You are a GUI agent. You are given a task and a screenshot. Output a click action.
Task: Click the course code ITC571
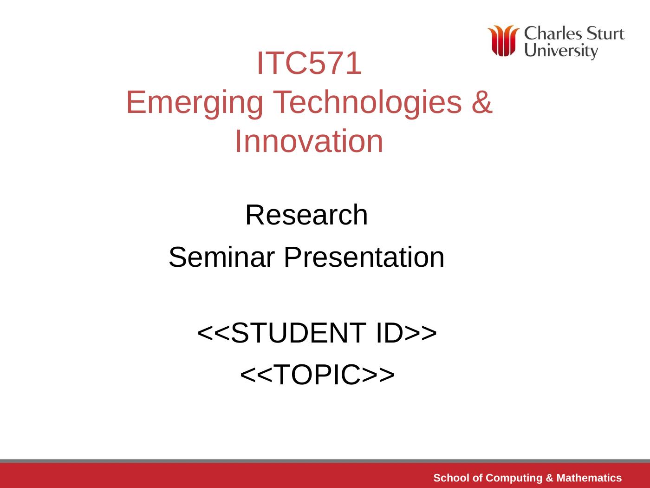pos(309,63)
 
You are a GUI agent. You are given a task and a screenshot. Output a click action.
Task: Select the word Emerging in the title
pos(195,103)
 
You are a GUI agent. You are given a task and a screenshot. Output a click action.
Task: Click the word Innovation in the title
pos(309,141)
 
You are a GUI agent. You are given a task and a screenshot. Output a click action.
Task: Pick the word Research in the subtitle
pos(306,215)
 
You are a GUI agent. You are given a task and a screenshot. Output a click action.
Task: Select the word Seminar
pos(222,257)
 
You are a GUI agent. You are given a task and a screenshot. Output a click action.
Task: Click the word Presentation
pos(364,257)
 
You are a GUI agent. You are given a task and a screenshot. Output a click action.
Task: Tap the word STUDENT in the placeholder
pos(299,333)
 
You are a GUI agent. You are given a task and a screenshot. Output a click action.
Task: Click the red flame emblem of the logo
pos(503,41)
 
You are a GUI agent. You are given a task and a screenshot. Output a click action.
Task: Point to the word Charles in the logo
pos(553,33)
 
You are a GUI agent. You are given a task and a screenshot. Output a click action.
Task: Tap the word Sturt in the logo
pos(605,33)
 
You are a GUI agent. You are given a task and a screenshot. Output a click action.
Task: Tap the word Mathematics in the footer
pos(589,478)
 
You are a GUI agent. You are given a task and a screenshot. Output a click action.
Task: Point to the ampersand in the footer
pos(549,478)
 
